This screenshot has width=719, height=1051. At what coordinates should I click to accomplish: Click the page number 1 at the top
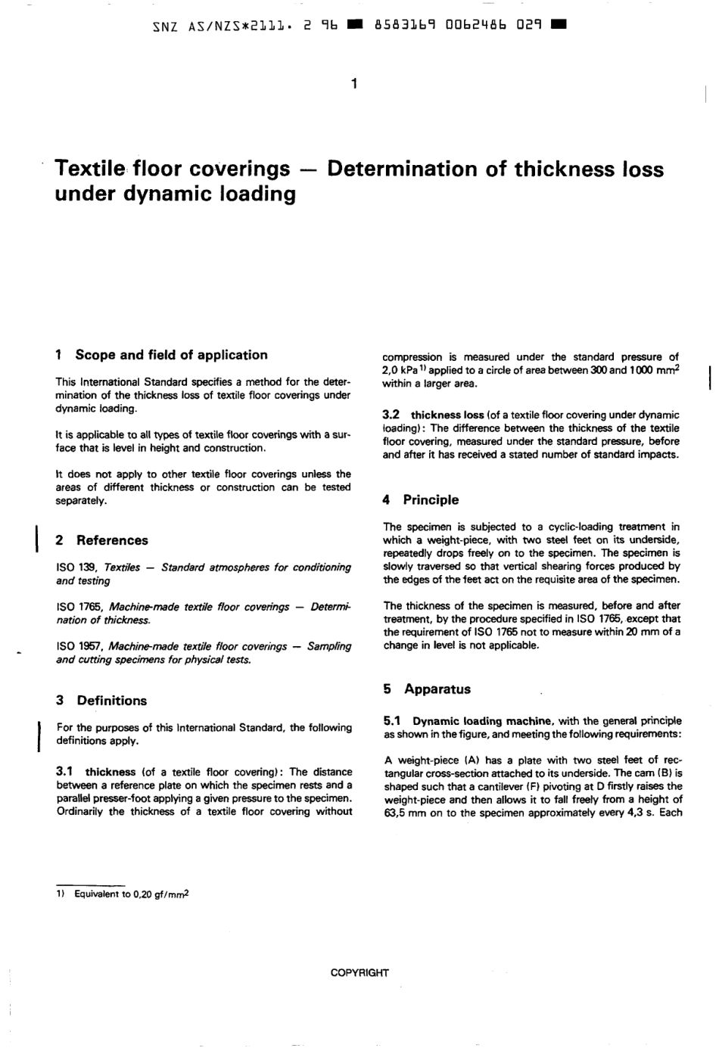353,82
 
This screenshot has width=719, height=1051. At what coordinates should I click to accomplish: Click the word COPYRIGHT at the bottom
359,973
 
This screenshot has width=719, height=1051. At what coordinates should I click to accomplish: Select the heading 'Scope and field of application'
171,355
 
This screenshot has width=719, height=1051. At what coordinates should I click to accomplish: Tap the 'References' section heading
112,540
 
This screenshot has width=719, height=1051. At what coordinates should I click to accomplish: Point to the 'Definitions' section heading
111,701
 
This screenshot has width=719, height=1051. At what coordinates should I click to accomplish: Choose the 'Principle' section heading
431,500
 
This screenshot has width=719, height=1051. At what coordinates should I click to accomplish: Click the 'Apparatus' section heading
437,689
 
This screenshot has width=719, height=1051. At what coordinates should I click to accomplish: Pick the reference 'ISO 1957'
79,647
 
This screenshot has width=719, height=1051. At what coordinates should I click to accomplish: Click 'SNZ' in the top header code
165,25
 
